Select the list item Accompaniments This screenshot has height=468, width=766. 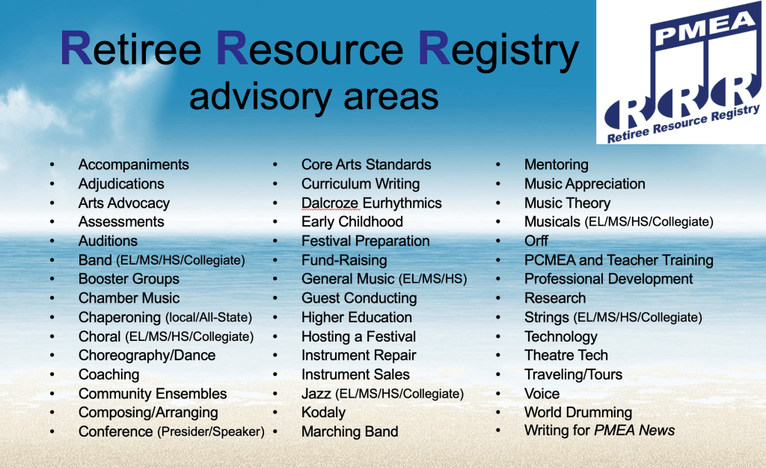(x=133, y=164)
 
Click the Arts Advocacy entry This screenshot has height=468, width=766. (x=124, y=203)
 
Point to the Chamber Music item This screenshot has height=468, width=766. (x=129, y=298)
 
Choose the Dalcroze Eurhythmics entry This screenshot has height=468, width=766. (x=371, y=203)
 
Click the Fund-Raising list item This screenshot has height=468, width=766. (x=344, y=260)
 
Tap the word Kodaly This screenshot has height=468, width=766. (x=323, y=413)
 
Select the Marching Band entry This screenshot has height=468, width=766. (x=350, y=431)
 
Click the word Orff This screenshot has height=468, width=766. (x=536, y=241)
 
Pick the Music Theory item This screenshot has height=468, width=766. (x=567, y=203)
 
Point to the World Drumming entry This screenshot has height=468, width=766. (x=578, y=413)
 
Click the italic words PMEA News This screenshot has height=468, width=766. (x=634, y=430)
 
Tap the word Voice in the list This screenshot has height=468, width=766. (x=542, y=393)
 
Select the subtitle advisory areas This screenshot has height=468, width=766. (x=313, y=96)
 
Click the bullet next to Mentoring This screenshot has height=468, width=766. (x=497, y=165)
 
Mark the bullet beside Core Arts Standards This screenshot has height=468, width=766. (x=275, y=165)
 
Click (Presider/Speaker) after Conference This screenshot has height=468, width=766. (x=210, y=432)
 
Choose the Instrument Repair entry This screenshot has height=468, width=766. (x=358, y=355)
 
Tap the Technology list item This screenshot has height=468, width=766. (x=561, y=336)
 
